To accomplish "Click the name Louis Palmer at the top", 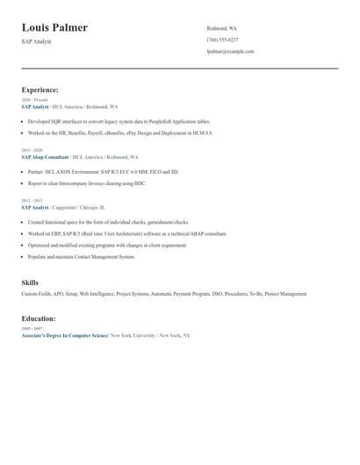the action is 54,28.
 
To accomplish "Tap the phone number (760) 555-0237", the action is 222,40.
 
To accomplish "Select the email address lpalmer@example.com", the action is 230,52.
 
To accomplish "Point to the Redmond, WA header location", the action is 221,28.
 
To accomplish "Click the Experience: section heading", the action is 40,89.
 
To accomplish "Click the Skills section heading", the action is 30,283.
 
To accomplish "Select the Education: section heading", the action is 39,318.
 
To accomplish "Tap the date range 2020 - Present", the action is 34,100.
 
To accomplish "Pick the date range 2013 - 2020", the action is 32,150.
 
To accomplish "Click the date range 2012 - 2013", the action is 32,200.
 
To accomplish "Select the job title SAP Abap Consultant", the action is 45,156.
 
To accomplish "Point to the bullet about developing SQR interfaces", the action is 119,122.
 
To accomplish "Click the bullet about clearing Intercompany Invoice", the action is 86,184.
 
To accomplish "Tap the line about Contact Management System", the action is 81,257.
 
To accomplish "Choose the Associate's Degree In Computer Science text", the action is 65,335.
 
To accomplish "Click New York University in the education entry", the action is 133,335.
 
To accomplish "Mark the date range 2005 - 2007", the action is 32,328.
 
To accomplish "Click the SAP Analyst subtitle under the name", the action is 36,41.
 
